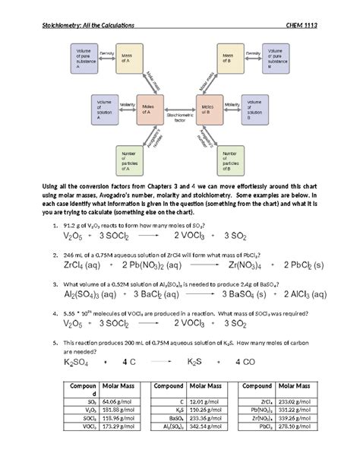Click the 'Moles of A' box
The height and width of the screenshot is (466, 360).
pos(150,111)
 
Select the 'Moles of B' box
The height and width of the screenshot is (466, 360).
pos(210,111)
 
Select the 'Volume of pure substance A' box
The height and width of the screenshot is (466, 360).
pos(85,59)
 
